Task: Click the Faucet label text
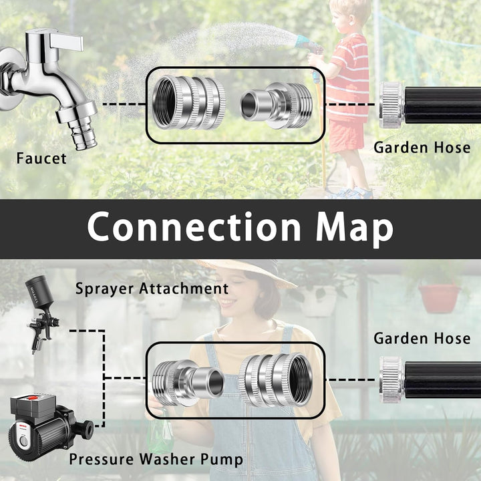pos(41,158)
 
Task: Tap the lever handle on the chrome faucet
pos(66,41)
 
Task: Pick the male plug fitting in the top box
pos(277,104)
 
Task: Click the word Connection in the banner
pos(194,227)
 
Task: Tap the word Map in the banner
pos(354,229)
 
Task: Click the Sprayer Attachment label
pos(152,289)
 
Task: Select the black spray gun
pos(41,313)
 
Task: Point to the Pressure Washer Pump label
pos(156,459)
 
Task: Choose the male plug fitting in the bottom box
pos(188,382)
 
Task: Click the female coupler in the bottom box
pos(276,380)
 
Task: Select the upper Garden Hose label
pos(422,148)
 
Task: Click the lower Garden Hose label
pos(422,339)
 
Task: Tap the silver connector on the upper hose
pos(392,105)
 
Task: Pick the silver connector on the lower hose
pos(392,379)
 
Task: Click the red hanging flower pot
pos(440,298)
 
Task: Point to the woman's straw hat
pos(245,271)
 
